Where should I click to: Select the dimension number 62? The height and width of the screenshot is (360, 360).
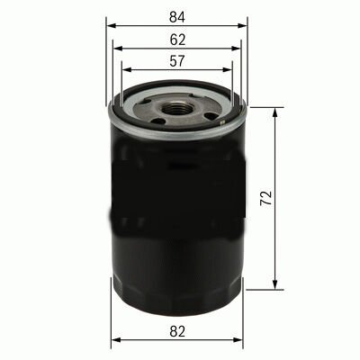click(x=176, y=40)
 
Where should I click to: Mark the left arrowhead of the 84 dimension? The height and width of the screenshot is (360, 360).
click(x=111, y=26)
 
